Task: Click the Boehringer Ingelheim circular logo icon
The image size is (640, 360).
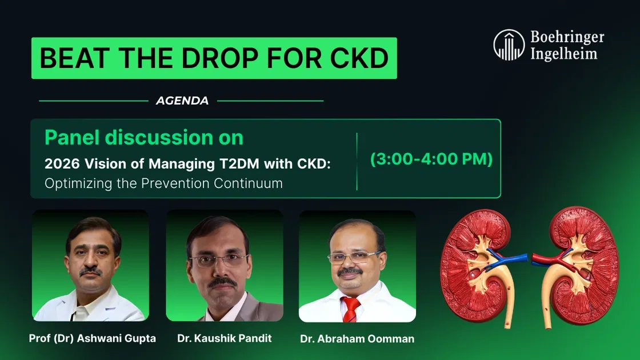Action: (x=509, y=45)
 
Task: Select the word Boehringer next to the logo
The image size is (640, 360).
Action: (x=567, y=38)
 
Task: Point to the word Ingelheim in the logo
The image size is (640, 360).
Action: (x=563, y=54)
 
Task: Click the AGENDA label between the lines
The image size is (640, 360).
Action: (x=182, y=101)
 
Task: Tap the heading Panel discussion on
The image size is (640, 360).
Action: (x=144, y=138)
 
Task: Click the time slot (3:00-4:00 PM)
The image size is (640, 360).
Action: (x=431, y=159)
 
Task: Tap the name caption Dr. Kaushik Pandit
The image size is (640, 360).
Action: (x=224, y=338)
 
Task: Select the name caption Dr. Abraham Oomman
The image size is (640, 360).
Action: (x=357, y=339)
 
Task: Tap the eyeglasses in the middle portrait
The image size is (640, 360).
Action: (x=218, y=260)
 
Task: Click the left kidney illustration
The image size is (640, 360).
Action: (x=479, y=267)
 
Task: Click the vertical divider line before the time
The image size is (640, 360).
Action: (x=357, y=161)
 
